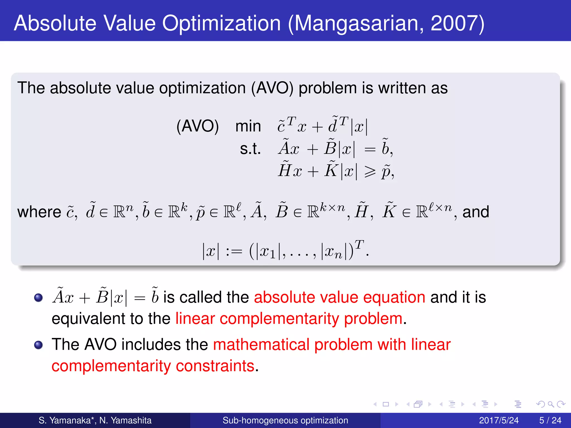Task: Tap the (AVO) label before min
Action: [x=197, y=126]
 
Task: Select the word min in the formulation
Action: [x=248, y=126]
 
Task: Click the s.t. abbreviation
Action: [x=250, y=149]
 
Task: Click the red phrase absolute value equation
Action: [x=339, y=297]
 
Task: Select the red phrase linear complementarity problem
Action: [x=289, y=318]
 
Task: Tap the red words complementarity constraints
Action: [x=153, y=366]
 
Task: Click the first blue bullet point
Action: [x=38, y=298]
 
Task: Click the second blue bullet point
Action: [x=38, y=345]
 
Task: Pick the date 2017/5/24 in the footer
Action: [x=499, y=420]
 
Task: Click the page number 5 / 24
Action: [x=550, y=420]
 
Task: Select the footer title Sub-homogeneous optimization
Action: [x=285, y=420]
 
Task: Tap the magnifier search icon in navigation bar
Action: [x=551, y=404]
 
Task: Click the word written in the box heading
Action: [x=402, y=88]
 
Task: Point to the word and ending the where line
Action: [x=476, y=212]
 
